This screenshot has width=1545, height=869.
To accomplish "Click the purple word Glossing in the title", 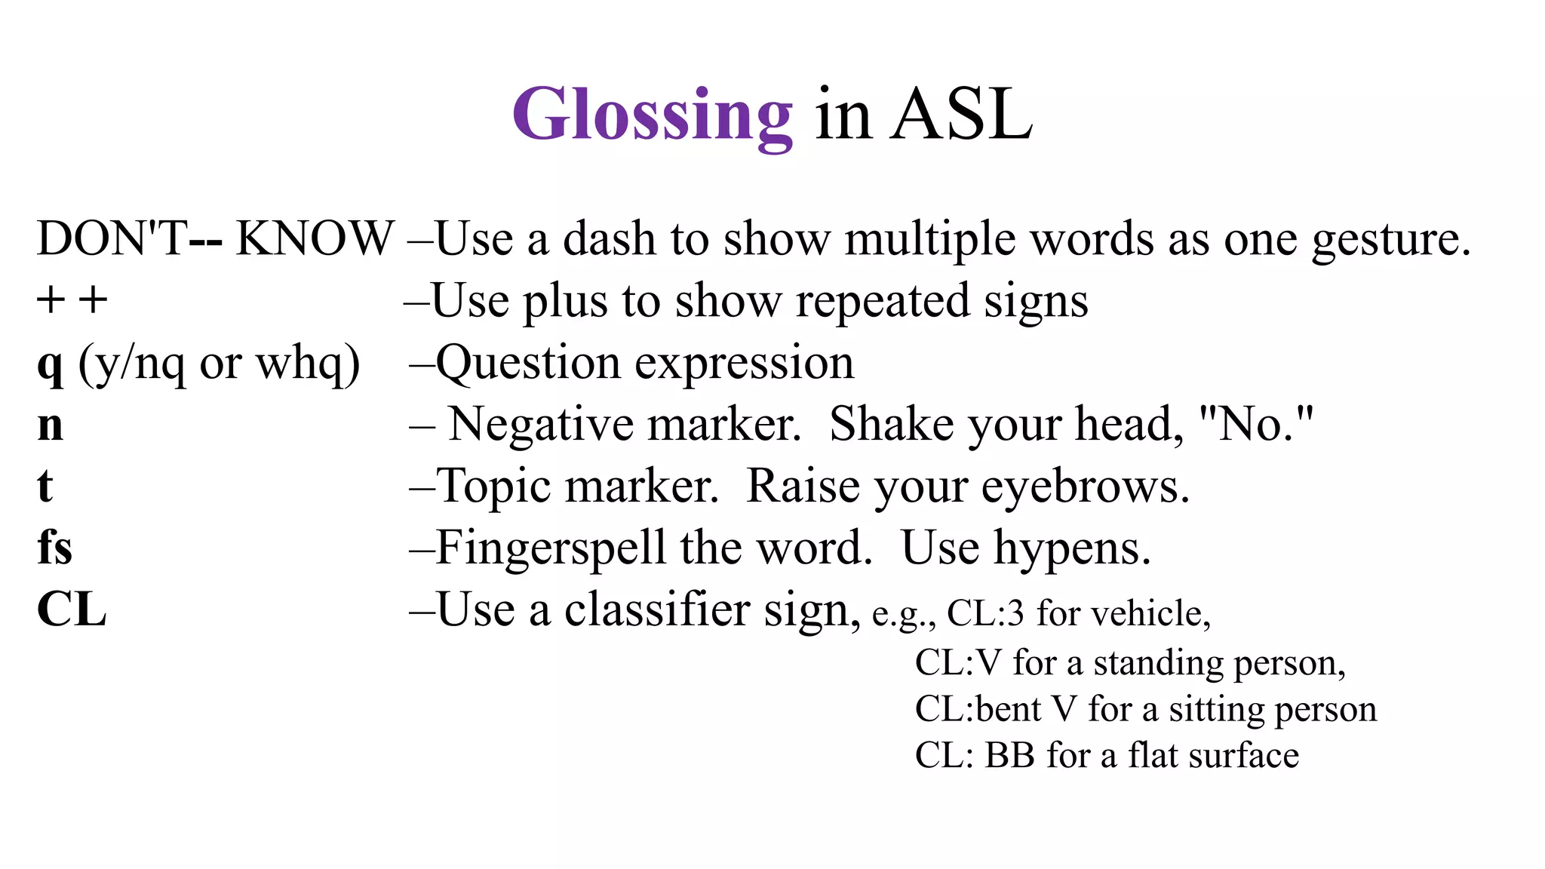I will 653,115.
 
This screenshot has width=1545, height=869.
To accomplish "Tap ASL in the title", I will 961,115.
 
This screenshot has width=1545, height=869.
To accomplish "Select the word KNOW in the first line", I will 315,238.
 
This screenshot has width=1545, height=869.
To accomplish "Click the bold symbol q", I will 50,364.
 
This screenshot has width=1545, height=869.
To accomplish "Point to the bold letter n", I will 51,425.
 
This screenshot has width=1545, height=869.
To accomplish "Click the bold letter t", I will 45,486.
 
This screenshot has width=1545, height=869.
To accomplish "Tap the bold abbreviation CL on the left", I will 72,610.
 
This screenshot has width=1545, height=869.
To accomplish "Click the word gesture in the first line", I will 1390,240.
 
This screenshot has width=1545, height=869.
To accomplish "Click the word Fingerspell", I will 550,548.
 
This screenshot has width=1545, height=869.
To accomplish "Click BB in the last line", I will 1009,755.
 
